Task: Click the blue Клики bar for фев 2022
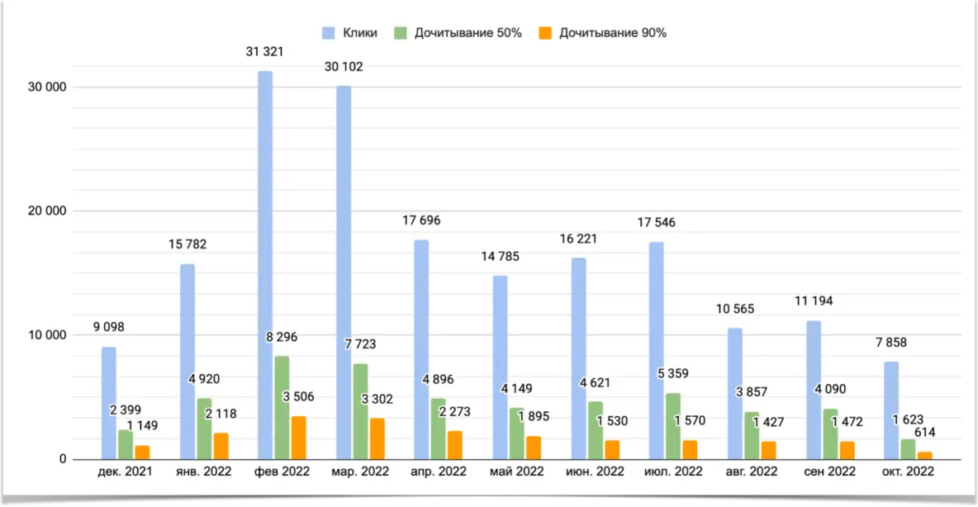(265, 264)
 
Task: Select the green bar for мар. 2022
(360, 411)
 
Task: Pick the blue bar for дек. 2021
(109, 403)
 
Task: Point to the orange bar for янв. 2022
(221, 446)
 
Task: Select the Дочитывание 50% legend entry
(468, 33)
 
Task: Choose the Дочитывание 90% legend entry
(612, 33)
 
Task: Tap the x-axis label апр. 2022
(438, 471)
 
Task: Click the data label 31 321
(265, 51)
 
